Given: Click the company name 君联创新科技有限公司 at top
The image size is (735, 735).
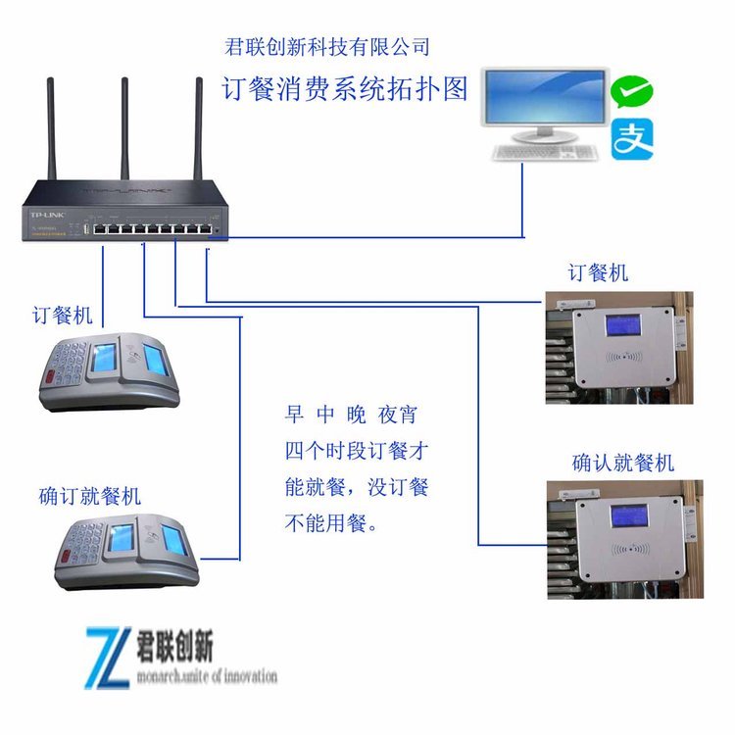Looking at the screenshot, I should point(327,46).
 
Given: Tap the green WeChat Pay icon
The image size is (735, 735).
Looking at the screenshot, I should point(632,92).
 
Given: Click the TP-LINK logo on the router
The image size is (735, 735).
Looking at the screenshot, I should point(45,214).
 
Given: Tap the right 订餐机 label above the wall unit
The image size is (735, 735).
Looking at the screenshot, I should point(599,272).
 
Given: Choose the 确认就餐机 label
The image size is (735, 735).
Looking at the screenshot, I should point(623,463).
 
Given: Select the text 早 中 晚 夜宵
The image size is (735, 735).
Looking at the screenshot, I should point(350,415).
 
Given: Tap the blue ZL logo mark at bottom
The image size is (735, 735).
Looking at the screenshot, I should point(110,656).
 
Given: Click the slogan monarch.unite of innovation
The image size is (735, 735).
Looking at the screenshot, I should point(207,676).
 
